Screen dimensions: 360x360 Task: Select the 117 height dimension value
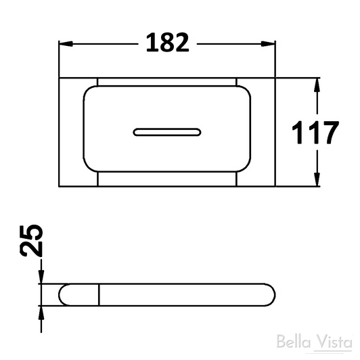click(x=315, y=133)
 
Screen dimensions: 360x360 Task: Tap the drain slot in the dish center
click(x=167, y=131)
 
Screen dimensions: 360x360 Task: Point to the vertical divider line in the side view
click(x=99, y=295)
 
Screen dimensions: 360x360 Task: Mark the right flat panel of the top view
click(x=265, y=132)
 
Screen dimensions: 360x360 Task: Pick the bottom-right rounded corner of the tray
click(x=248, y=171)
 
